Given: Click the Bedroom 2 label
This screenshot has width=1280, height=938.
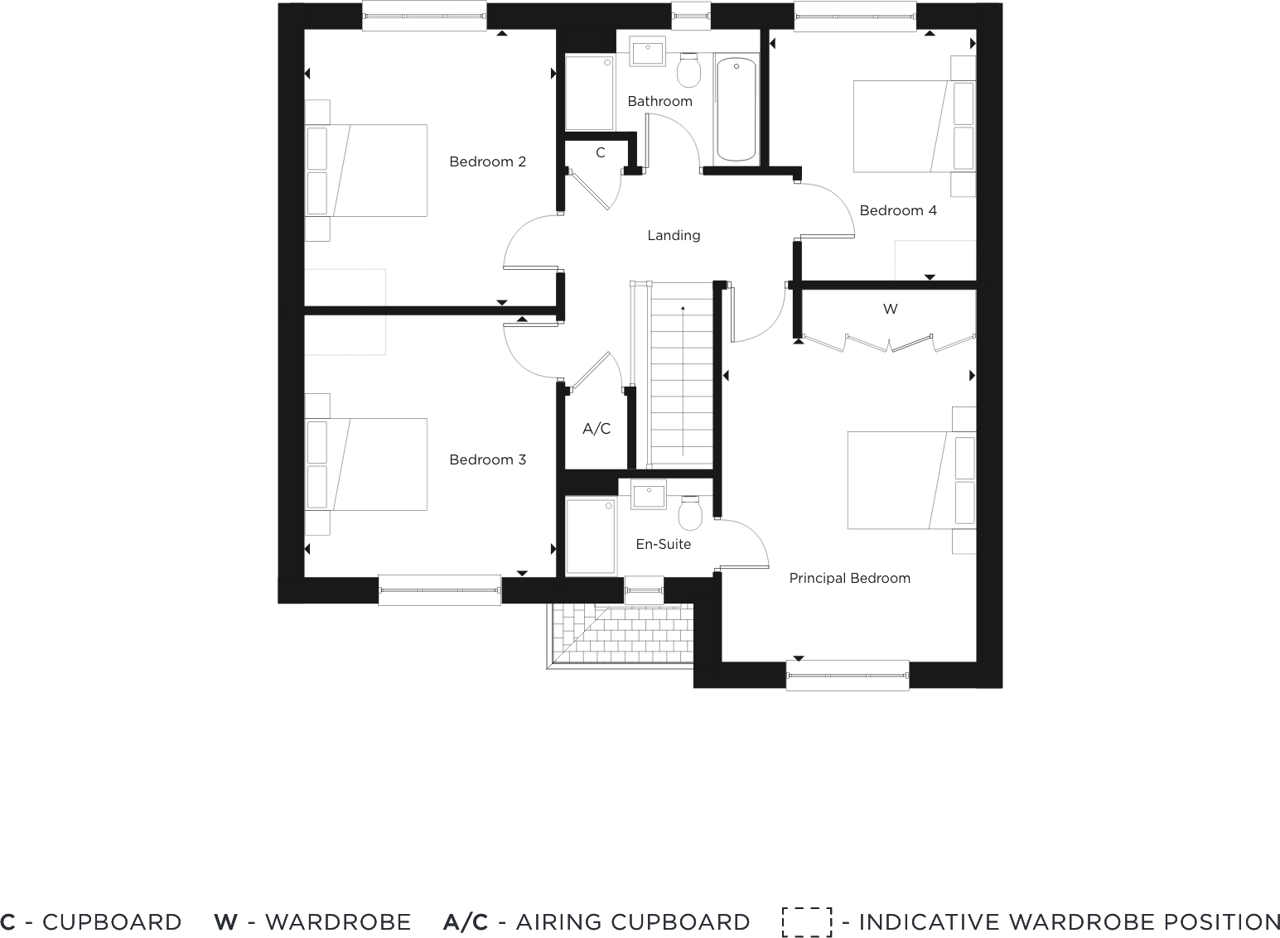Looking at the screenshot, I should pos(487,161).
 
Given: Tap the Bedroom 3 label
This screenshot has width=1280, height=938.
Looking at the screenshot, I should pos(487,459).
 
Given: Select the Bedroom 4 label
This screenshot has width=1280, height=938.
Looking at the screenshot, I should pos(898,210).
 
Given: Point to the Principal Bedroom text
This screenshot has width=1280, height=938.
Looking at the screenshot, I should pos(849,579).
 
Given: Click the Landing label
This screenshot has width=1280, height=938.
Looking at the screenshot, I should pos(674,236).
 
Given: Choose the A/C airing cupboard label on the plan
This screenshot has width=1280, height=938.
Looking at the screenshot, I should pos(597,429).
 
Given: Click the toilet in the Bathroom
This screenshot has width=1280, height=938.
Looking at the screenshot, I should pos(688,71).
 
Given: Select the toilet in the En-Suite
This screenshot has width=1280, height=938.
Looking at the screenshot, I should pos(689,513).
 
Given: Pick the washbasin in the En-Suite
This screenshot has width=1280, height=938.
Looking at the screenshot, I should pos(649,495).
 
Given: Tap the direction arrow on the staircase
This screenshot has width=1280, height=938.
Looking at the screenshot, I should pos(683,308).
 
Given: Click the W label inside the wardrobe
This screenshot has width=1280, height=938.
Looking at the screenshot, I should pos(890,310).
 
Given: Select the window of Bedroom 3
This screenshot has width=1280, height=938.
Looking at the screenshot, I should pos(439,590).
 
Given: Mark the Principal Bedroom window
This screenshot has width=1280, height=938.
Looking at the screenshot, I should pos(848,676).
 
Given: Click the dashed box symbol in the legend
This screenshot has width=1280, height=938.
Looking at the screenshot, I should pos(806,922).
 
